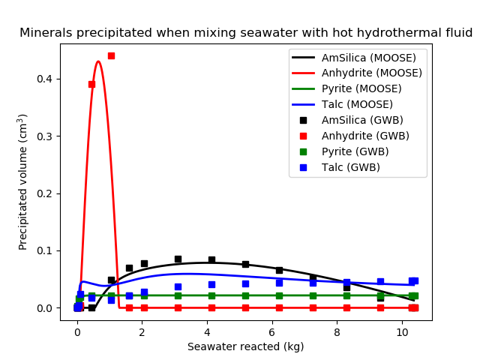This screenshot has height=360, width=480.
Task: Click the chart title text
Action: (x=246, y=33)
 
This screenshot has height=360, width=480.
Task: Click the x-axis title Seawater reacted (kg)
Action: (x=246, y=346)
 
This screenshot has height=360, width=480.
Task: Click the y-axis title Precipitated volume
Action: (x=23, y=181)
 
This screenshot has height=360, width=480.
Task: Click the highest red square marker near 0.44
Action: (x=111, y=55)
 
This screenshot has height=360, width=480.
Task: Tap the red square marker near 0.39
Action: (x=91, y=84)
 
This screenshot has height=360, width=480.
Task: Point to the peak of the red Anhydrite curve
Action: (x=98, y=61)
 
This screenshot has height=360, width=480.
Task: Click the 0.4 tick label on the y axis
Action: (x=46, y=79)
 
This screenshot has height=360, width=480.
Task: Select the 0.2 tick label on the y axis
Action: (x=46, y=193)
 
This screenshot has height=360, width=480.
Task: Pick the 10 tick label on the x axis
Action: (x=402, y=332)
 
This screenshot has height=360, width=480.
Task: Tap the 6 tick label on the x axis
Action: (x=272, y=332)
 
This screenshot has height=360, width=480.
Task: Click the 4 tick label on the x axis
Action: (x=207, y=332)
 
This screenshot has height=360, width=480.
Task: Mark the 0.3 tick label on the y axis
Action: (x=46, y=136)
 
